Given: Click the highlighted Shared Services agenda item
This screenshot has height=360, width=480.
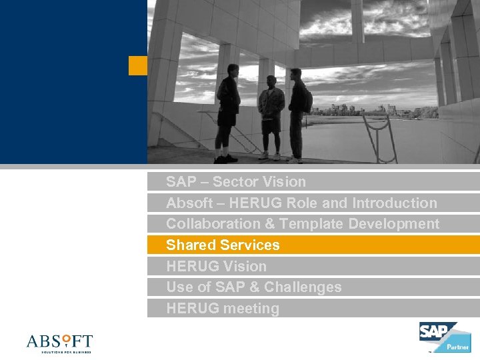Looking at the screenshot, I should tap(223, 245).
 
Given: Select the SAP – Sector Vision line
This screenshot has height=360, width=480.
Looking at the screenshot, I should tap(235, 181).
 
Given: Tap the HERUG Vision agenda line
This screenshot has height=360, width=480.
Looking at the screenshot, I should tap(216, 266).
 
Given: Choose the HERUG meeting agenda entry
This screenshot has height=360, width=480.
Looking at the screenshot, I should tap(222, 308).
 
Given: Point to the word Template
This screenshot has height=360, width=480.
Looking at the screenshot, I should tap(312, 223).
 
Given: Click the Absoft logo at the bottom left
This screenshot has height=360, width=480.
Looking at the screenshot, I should tap(59, 343).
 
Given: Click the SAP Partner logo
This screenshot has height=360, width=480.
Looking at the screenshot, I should tap(444, 337).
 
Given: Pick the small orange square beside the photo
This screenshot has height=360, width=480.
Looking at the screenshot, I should tap(137, 65).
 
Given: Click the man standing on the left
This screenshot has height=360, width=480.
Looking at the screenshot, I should tap(227, 117).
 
